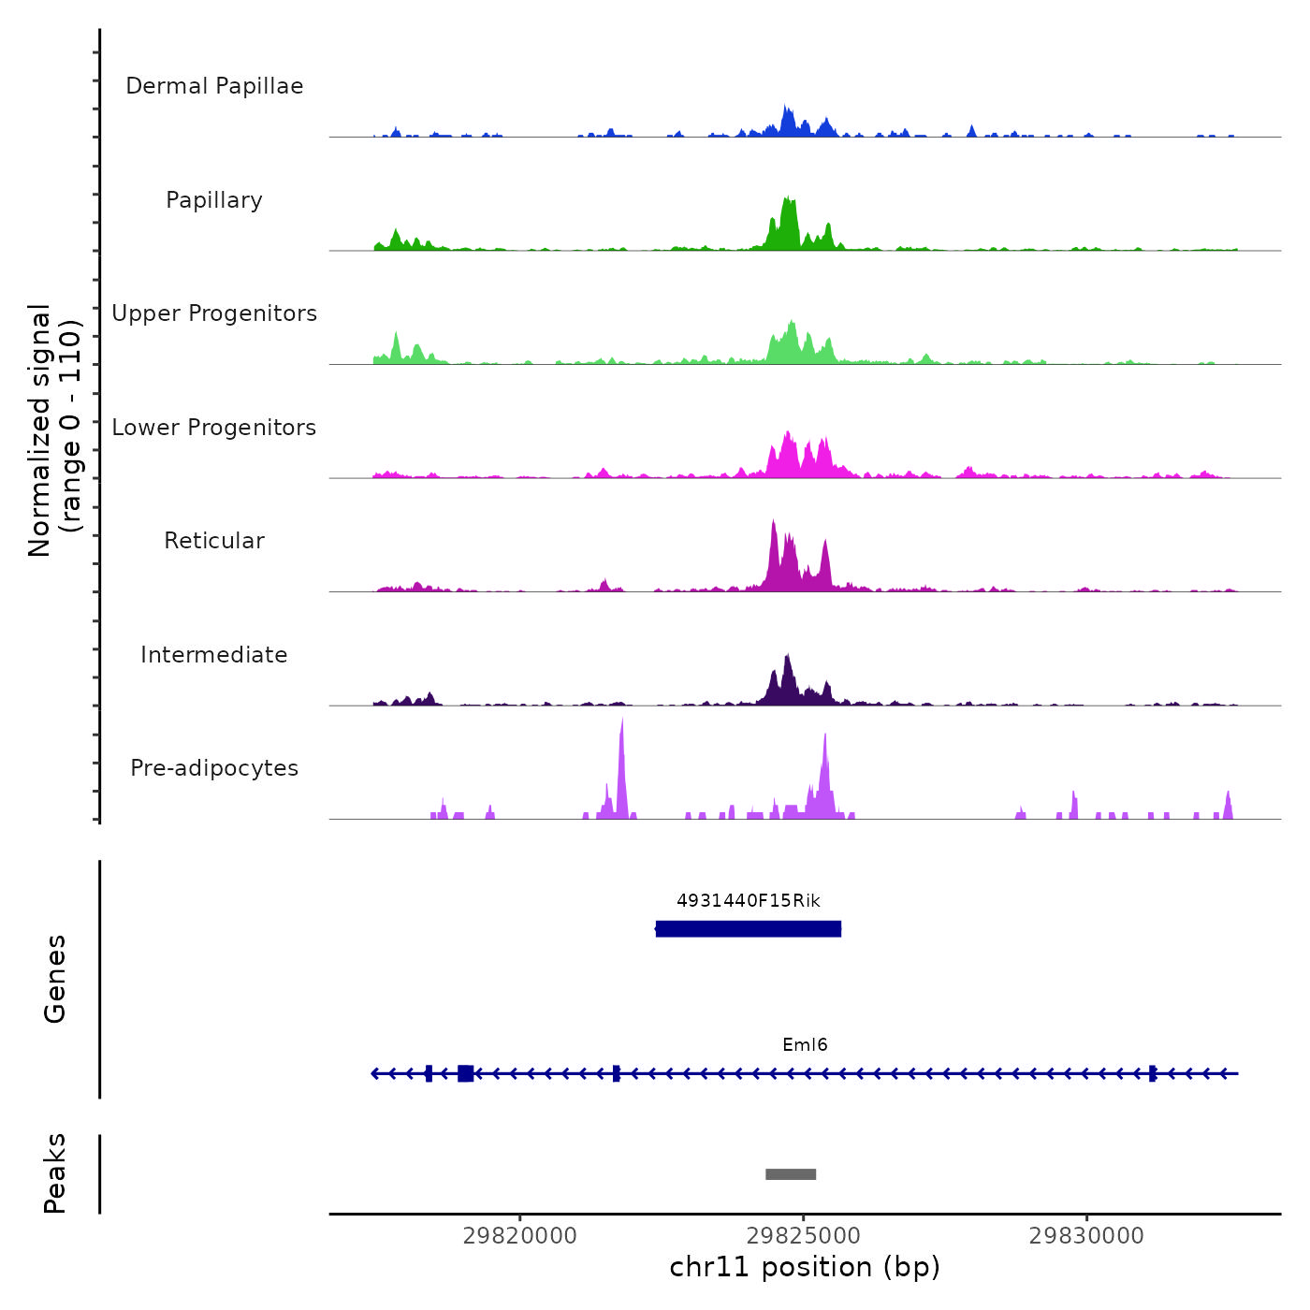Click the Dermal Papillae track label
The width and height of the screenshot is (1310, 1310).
[x=214, y=86]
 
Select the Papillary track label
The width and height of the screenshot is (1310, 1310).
[x=214, y=200]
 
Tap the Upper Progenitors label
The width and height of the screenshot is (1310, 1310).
[x=214, y=313]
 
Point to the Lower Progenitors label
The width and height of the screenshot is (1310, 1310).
[x=214, y=428]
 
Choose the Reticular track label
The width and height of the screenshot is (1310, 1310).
[x=214, y=541]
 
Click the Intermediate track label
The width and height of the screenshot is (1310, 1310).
[x=214, y=655]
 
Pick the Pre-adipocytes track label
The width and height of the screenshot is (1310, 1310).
[x=214, y=768]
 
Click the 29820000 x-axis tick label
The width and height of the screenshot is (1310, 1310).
[x=520, y=1236]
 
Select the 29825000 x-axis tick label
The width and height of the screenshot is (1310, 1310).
[x=804, y=1236]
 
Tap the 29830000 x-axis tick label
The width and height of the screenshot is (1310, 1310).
[x=1086, y=1236]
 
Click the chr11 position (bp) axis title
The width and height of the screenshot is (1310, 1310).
[x=805, y=1267]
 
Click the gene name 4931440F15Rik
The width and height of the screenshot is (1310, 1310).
[x=749, y=901]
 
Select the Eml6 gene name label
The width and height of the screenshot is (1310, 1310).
[x=805, y=1045]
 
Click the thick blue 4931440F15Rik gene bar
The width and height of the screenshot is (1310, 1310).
[x=749, y=929]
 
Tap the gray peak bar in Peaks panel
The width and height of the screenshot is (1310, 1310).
[x=791, y=1174]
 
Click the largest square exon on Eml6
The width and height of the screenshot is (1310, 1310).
[x=465, y=1073]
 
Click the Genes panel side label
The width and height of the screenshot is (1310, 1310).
[x=55, y=979]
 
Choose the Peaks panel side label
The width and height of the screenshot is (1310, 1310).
[x=55, y=1173]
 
